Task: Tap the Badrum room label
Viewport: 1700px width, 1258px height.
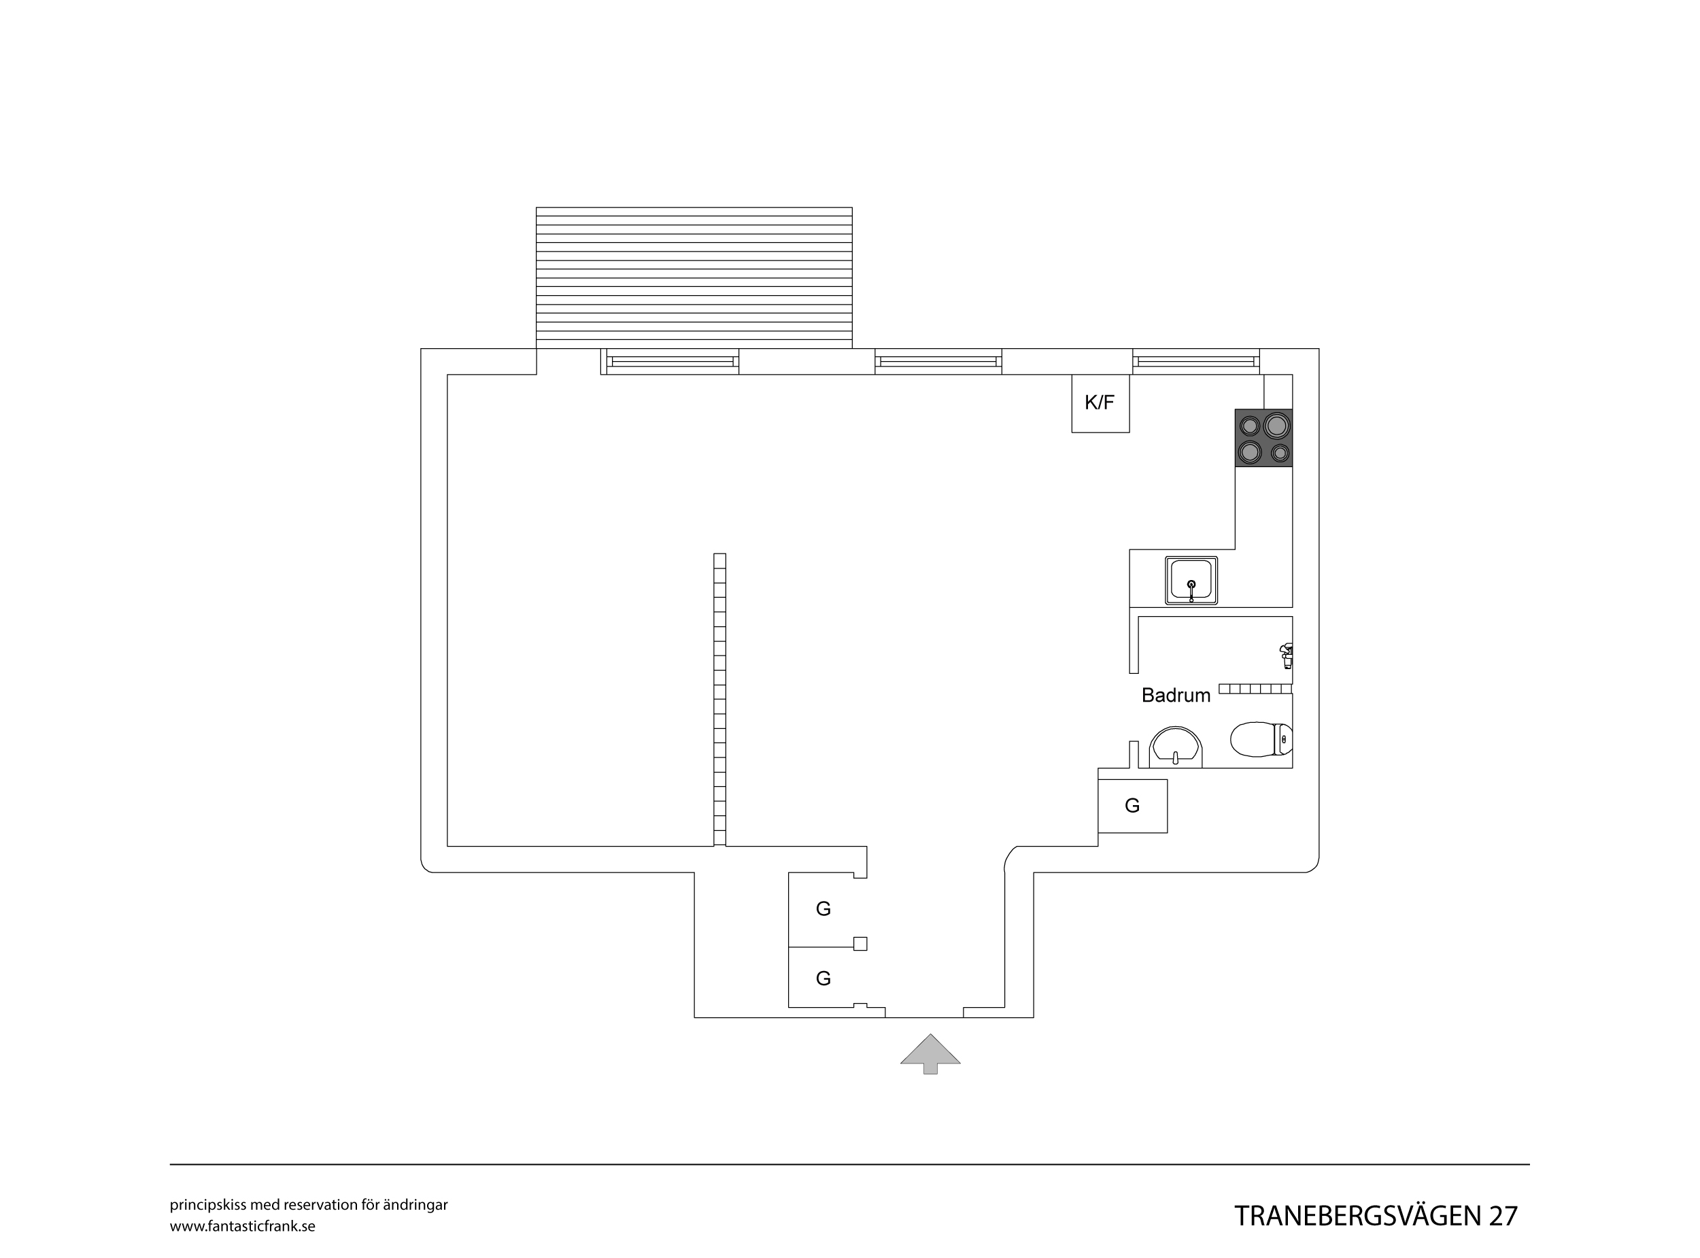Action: pyautogui.click(x=1176, y=695)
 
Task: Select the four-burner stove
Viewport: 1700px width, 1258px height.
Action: pyautogui.click(x=1263, y=438)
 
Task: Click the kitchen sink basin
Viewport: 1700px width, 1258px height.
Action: pyautogui.click(x=1191, y=580)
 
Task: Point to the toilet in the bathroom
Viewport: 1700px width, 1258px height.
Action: pyautogui.click(x=1261, y=739)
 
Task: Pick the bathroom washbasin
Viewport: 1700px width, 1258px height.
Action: pyautogui.click(x=1176, y=747)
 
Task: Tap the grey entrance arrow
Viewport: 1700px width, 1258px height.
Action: pyautogui.click(x=930, y=1053)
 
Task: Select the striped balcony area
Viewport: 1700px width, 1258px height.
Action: pyautogui.click(x=694, y=278)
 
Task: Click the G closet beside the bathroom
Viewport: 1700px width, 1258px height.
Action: pyautogui.click(x=1132, y=806)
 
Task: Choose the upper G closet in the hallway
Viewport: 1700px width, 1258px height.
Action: pyautogui.click(x=823, y=909)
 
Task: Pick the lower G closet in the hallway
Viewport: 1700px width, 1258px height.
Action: pyautogui.click(x=823, y=979)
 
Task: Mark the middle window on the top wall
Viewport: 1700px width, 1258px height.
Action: pyautogui.click(x=938, y=362)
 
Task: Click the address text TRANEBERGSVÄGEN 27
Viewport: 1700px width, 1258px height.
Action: pyautogui.click(x=1376, y=1216)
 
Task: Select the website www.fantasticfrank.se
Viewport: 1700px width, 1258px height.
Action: pyautogui.click(x=242, y=1227)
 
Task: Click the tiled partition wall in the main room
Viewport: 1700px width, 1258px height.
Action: pyautogui.click(x=719, y=700)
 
